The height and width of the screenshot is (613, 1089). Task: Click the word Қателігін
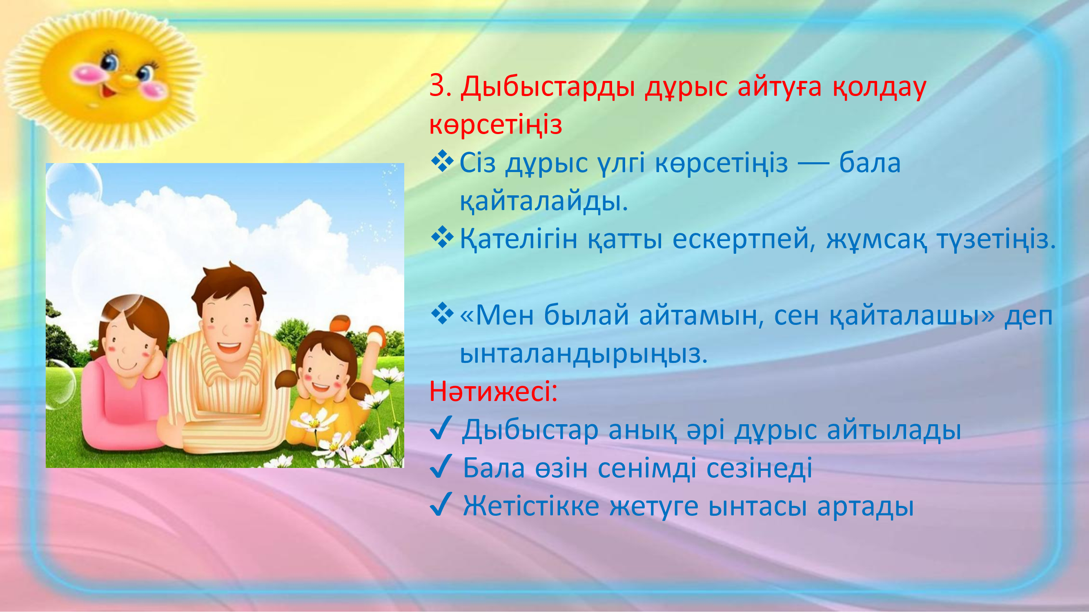(518, 240)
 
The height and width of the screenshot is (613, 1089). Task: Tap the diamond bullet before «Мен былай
(442, 313)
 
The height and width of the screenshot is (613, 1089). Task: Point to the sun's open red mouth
(109, 89)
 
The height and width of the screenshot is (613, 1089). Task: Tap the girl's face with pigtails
(321, 372)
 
